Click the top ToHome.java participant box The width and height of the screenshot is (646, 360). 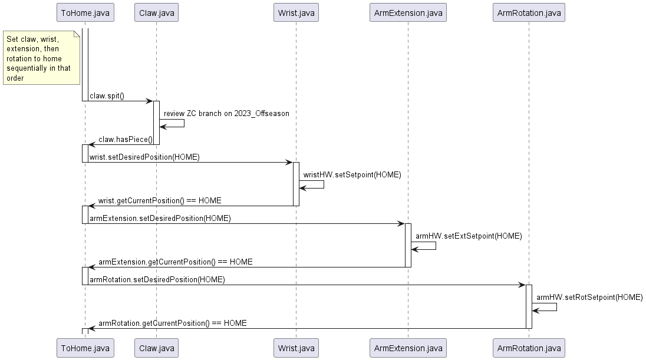[85, 12]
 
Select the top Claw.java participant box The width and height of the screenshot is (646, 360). [156, 12]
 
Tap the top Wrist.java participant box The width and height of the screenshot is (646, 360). [296, 12]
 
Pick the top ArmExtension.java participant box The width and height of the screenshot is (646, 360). [407, 12]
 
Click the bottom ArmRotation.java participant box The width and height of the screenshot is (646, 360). [529, 348]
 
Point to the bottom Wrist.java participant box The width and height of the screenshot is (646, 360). [296, 348]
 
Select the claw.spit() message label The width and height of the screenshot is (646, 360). [107, 96]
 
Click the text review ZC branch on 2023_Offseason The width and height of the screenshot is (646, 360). [226, 113]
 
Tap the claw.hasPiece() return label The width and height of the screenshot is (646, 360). [125, 140]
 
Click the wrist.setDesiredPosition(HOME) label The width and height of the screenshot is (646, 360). [144, 157]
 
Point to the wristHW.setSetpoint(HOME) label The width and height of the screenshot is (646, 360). [352, 175]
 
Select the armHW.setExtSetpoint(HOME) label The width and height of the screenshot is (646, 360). [469, 236]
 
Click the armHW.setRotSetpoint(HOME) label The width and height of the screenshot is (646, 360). [589, 298]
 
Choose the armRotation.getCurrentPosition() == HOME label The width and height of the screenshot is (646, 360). [172, 323]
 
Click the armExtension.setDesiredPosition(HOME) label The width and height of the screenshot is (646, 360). [160, 219]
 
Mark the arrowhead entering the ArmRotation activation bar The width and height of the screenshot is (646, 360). [522, 285]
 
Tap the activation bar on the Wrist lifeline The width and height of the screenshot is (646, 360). [296, 184]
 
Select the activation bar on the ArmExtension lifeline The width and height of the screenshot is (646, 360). [407, 245]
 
